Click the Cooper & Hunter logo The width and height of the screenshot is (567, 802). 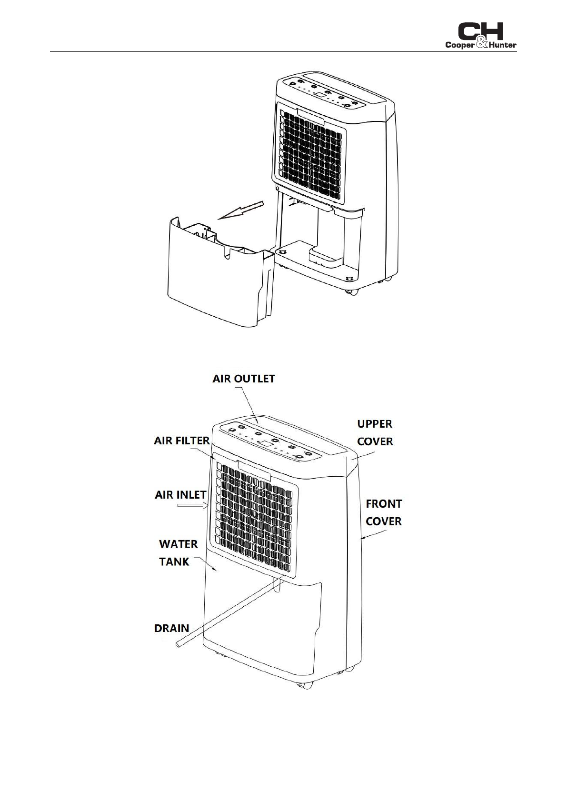tap(480, 36)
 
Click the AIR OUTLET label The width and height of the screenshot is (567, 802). tap(243, 379)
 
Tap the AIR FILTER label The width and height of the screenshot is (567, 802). tap(181, 441)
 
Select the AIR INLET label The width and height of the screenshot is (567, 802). tap(180, 495)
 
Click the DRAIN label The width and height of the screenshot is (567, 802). tap(171, 628)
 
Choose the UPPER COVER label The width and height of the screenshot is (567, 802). tap(375, 432)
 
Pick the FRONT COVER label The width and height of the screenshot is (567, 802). tap(384, 512)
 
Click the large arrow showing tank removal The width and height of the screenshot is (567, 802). tap(240, 211)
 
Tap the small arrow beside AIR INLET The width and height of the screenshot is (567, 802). tap(193, 506)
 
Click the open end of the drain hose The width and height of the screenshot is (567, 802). tap(178, 643)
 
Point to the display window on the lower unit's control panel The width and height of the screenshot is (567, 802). tap(266, 444)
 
